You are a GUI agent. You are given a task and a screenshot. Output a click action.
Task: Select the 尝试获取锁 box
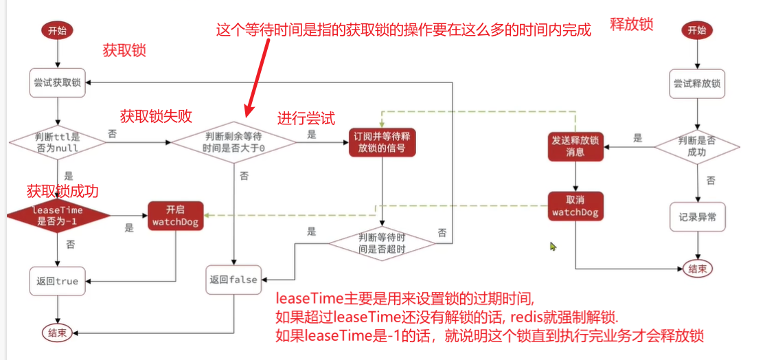point(58,82)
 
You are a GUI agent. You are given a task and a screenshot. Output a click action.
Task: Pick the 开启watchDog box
point(174,214)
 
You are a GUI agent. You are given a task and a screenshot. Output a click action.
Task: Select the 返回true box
point(58,280)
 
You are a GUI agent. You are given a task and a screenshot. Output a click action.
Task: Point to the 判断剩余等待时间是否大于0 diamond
point(233,143)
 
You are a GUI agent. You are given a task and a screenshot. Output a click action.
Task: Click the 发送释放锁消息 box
point(575,146)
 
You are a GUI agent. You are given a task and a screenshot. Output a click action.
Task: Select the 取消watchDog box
point(575,207)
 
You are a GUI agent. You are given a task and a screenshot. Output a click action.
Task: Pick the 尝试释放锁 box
point(696,83)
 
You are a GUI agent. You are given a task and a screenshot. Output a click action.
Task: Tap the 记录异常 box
point(696,217)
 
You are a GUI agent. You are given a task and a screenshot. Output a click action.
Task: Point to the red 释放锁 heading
point(631,25)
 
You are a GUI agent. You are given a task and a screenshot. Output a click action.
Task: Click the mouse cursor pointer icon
point(553,246)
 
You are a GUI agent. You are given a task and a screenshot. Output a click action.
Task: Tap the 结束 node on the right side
point(698,268)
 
